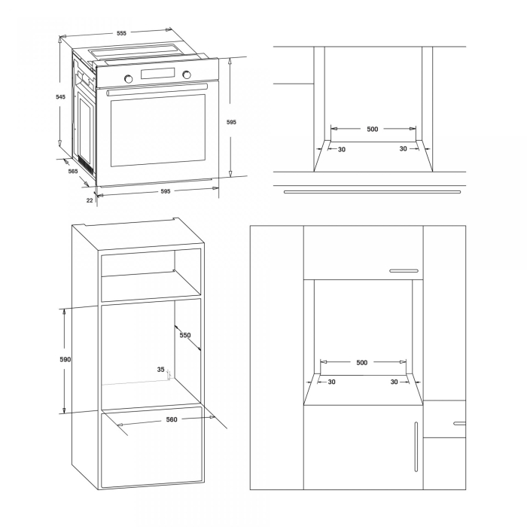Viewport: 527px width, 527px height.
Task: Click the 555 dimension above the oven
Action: point(121,33)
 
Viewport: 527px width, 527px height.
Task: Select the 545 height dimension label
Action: point(60,97)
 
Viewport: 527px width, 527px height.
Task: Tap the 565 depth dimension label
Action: point(73,172)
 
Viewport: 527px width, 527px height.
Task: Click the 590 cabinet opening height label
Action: point(65,360)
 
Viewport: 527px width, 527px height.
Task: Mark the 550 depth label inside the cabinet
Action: point(185,335)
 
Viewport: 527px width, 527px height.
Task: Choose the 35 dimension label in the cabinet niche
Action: point(160,370)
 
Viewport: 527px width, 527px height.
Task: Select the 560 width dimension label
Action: point(171,420)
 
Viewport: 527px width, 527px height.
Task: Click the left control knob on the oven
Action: point(129,78)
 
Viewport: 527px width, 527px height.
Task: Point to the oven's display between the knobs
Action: point(157,74)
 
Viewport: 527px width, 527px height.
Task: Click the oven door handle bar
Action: point(157,90)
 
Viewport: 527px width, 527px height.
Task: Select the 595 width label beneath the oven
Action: point(166,191)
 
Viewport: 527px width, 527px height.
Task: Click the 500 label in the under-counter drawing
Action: point(372,129)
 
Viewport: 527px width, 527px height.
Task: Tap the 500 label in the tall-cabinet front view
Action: point(361,363)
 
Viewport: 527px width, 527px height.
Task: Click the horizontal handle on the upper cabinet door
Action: point(403,270)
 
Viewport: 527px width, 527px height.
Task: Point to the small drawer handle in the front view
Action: point(458,424)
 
